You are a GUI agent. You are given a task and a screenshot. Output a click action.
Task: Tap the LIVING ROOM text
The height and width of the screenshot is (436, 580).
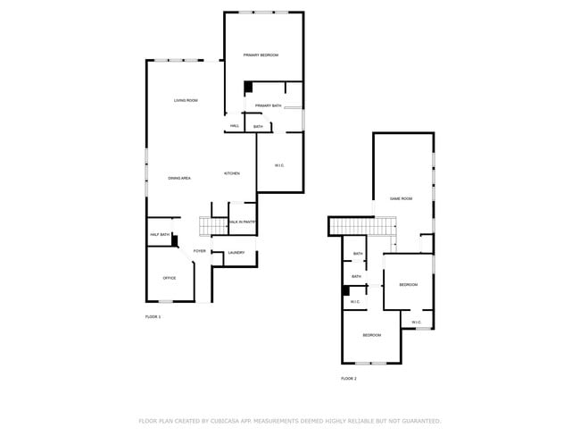coord(186,100)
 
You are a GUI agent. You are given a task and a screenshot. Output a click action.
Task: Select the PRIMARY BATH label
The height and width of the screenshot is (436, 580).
coord(268,106)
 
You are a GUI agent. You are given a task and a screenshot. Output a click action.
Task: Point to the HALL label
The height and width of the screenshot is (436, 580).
coord(235,126)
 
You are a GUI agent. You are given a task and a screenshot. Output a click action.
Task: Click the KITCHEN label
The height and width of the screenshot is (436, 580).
coord(231,173)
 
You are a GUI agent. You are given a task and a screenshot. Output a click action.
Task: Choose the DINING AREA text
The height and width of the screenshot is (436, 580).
coord(179,179)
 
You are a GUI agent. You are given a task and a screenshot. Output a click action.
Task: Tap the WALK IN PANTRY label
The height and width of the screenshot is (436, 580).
coord(243,222)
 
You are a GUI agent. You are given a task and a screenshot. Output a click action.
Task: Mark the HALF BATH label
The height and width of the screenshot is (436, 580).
coord(159,235)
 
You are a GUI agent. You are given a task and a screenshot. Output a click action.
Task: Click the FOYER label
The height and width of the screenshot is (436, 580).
coord(199,251)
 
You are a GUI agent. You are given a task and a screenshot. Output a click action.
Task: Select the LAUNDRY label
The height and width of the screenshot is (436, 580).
coord(236,253)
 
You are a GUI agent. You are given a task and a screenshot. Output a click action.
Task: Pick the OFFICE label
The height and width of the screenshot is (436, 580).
coord(169,278)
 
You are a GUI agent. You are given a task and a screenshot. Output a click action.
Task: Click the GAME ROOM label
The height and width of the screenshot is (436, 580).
coord(401,198)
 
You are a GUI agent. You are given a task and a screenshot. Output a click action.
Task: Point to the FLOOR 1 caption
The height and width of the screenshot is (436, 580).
coord(153,317)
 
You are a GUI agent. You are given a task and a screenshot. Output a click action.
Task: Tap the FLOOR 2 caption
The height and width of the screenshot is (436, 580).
coord(348,379)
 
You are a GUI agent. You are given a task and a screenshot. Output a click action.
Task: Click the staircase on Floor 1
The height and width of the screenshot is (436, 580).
coord(212,226)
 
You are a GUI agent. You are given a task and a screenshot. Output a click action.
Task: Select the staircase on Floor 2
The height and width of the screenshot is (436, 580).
coord(350,226)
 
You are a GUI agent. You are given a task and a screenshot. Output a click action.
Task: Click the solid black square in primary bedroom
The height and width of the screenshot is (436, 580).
coord(249,87)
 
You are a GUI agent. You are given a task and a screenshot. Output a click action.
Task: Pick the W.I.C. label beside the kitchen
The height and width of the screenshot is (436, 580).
coord(279,165)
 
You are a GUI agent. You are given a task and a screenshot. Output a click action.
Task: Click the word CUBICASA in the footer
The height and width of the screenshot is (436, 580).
coord(222,420)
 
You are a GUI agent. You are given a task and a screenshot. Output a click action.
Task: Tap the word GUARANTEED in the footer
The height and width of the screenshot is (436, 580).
coord(419,420)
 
